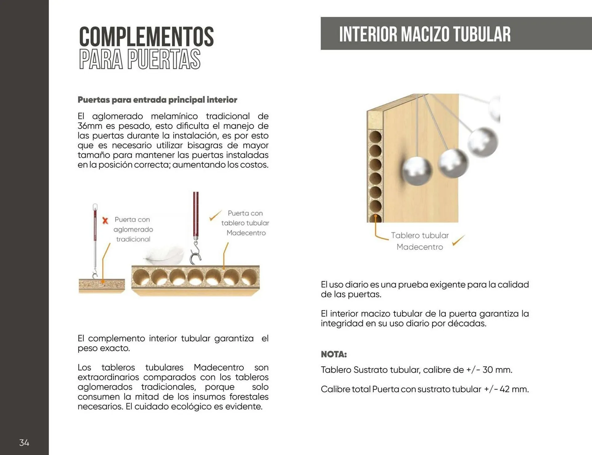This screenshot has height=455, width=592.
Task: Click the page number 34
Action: [x=24, y=443]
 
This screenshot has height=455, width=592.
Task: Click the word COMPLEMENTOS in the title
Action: [x=146, y=37]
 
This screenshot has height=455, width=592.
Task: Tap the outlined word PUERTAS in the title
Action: [x=164, y=59]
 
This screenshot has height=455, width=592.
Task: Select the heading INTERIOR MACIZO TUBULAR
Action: [x=425, y=34]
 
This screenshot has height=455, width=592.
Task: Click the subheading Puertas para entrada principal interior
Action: [x=157, y=100]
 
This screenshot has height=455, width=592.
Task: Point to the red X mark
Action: [x=105, y=221]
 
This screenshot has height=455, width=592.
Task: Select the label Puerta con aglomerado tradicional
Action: [x=133, y=229]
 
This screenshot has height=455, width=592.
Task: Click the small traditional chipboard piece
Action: [x=102, y=286]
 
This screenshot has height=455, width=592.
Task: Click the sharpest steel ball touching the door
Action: [x=417, y=171]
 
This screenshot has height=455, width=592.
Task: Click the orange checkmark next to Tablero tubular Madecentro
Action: [x=458, y=240]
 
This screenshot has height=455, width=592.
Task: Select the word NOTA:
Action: [x=334, y=354]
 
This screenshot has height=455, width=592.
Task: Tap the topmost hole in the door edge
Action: [x=375, y=137]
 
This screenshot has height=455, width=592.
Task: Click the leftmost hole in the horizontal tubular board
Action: [x=141, y=277]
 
